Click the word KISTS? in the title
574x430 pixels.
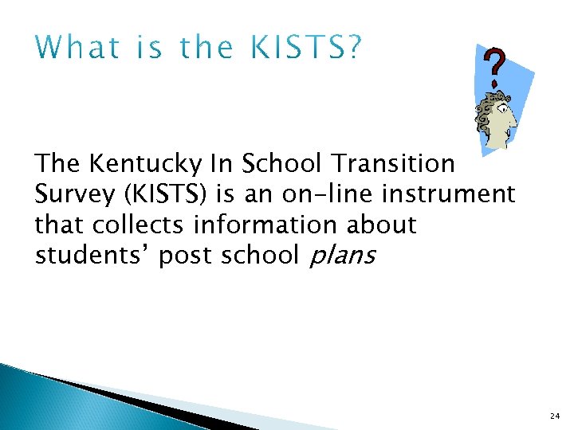pyautogui.click(x=306, y=49)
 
